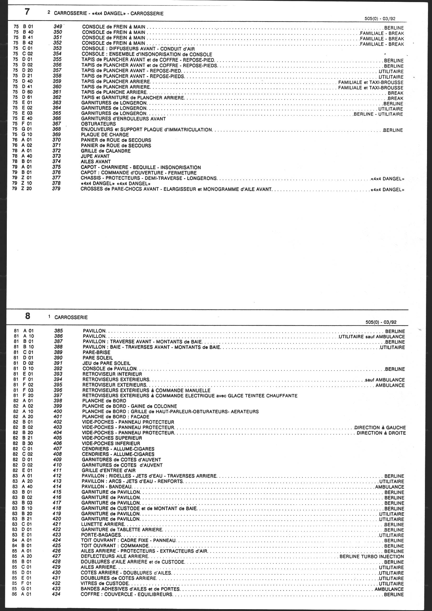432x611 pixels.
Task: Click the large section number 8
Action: (x=27, y=316)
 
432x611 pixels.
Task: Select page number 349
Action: (x=58, y=27)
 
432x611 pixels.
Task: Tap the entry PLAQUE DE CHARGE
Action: (x=105, y=135)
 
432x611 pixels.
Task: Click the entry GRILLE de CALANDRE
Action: (x=106, y=151)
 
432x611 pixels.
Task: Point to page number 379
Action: (x=56, y=189)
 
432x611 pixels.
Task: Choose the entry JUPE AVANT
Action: (x=95, y=156)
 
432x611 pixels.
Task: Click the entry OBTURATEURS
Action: (x=99, y=124)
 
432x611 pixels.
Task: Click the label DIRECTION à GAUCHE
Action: (x=380, y=428)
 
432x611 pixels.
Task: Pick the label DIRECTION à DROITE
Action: (x=381, y=433)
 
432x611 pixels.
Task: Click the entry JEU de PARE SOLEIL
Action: (x=106, y=363)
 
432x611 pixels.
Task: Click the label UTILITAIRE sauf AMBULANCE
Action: (x=372, y=337)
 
